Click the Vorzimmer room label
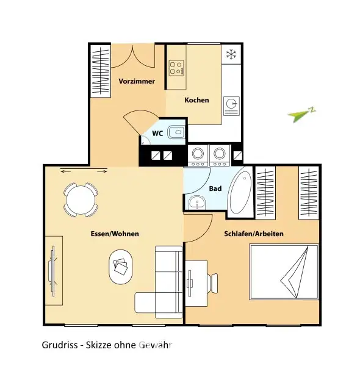pos(137,81)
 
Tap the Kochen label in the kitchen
pos(196,100)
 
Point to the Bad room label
pos(215,188)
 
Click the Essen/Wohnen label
pos(114,234)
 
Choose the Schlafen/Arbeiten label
pos(254,234)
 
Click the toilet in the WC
pos(176,131)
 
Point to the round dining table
pos(81,199)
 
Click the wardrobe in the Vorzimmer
pos(101,71)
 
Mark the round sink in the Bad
pos(196,203)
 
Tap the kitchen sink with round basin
pos(231,104)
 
